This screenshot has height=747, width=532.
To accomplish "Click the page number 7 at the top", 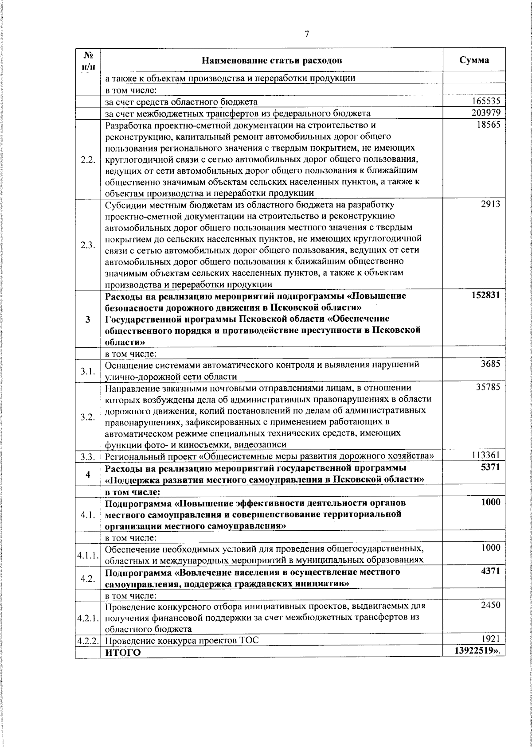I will pyautogui.click(x=307, y=35).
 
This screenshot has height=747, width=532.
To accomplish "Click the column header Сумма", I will pyautogui.click(x=474, y=60).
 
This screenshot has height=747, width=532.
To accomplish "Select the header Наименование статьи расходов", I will pyautogui.click(x=272, y=60).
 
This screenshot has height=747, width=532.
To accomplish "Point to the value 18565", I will pyautogui.click(x=488, y=125).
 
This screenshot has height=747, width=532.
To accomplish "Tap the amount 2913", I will pyautogui.click(x=490, y=204).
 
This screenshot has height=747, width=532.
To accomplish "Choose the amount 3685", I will pyautogui.click(x=490, y=364).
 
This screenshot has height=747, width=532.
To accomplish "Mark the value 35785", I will pyautogui.click(x=488, y=387).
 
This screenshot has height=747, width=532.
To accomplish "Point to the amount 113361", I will pyautogui.click(x=485, y=455).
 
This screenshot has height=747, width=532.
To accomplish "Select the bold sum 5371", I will pyautogui.click(x=490, y=467).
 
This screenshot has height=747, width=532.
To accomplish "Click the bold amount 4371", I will pyautogui.click(x=490, y=571).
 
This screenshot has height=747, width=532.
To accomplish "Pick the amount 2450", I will pyautogui.click(x=490, y=605).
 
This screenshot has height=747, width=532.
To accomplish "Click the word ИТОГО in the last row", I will pyautogui.click(x=123, y=653).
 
